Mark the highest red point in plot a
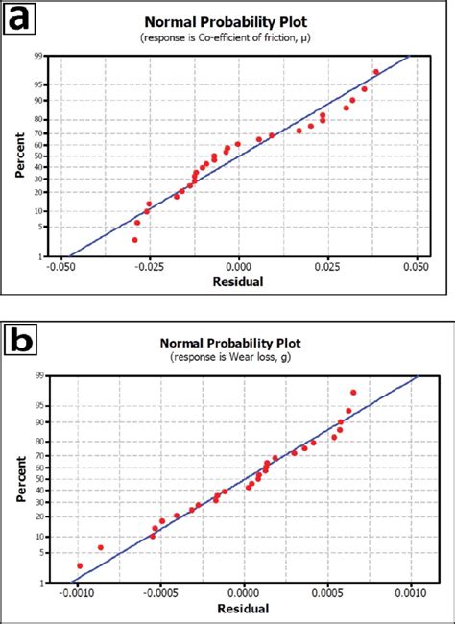tap(376, 72)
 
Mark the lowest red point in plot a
tap(134, 239)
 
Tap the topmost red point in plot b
tap(353, 393)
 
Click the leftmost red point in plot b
tap(80, 565)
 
